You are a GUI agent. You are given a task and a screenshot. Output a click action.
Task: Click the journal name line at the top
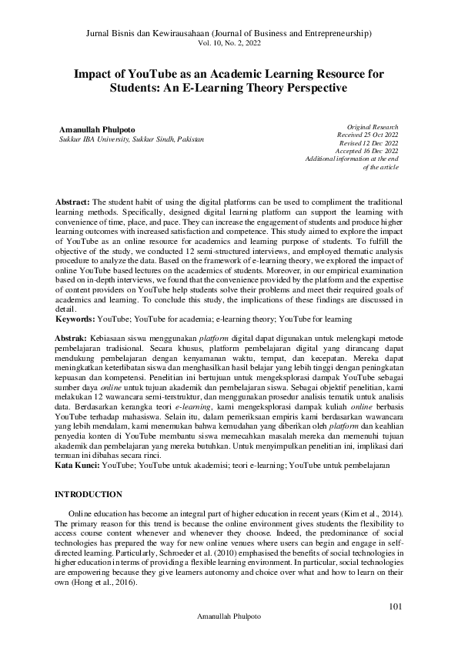point(229,35)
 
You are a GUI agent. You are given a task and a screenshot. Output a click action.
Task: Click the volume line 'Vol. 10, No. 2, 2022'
point(229,45)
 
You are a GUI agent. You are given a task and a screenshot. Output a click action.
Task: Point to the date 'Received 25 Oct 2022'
point(368,134)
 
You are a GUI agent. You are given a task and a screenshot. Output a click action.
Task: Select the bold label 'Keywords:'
point(77,317)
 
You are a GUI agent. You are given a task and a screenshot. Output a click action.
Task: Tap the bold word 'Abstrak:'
point(72,337)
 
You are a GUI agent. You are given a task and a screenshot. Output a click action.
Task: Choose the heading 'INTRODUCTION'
point(89,493)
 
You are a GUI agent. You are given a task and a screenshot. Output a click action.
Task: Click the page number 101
point(396,607)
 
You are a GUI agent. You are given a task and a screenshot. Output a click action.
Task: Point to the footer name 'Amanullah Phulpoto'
point(229,617)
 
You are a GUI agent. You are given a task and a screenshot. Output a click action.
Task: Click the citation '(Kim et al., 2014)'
point(371,513)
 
